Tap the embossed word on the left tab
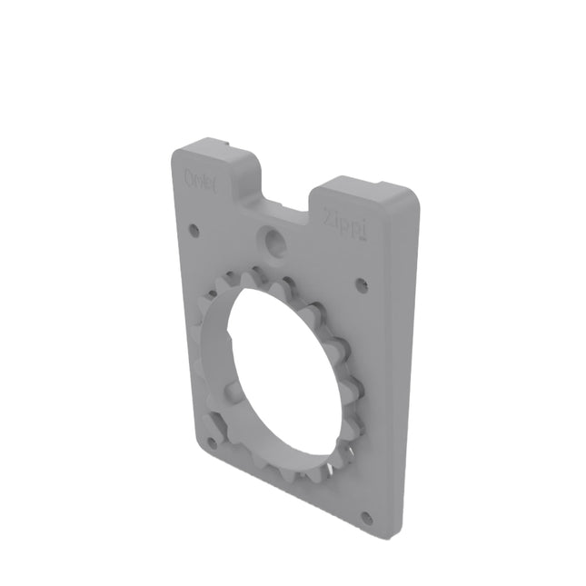click(x=200, y=176)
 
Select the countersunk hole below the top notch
click(x=271, y=239)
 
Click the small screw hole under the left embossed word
click(x=193, y=230)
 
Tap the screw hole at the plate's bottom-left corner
click(x=213, y=443)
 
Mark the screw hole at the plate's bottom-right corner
click(x=366, y=519)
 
